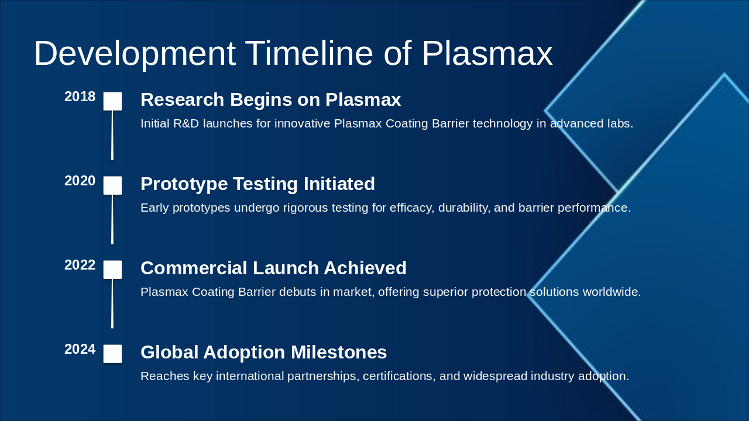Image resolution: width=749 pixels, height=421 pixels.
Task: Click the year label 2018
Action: point(80,96)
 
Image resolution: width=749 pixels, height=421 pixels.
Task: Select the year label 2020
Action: point(80,181)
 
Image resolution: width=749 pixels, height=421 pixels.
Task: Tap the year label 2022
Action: point(80,265)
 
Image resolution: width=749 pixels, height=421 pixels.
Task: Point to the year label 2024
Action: point(80,349)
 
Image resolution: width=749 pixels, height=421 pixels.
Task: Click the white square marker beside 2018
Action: point(112,101)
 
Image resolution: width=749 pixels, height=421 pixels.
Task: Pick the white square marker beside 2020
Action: point(112,185)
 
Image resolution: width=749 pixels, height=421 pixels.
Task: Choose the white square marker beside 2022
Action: point(112,270)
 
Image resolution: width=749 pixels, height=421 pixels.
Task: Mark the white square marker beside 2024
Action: point(112,354)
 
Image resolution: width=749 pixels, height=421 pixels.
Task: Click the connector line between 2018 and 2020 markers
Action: point(112,135)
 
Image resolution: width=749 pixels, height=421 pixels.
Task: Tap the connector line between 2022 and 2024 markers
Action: point(112,303)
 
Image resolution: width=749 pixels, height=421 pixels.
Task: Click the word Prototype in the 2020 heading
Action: point(184,184)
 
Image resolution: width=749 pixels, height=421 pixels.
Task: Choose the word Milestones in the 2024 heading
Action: point(339,352)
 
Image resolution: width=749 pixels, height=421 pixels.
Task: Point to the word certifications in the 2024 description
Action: point(399,376)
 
